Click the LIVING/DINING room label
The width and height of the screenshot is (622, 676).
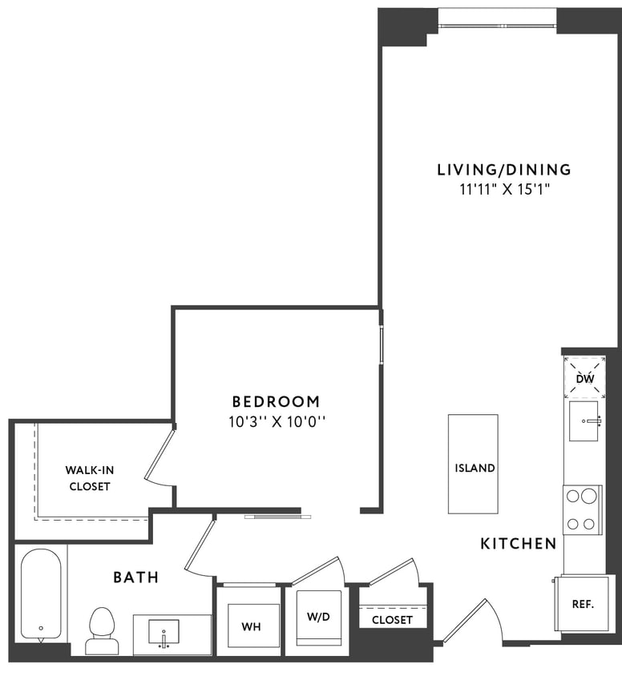503,170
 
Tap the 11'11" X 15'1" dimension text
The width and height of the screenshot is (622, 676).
503,190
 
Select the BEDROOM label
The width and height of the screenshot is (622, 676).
276,401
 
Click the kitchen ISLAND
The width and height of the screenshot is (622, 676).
473,464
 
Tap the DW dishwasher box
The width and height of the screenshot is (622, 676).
585,378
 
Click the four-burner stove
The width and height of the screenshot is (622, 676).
583,509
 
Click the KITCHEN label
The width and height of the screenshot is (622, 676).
518,544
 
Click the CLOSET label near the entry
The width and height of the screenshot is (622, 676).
392,620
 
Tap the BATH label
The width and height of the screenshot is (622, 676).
135,577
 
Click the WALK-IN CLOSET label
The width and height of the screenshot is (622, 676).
89,478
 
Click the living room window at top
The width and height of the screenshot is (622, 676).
497,21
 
